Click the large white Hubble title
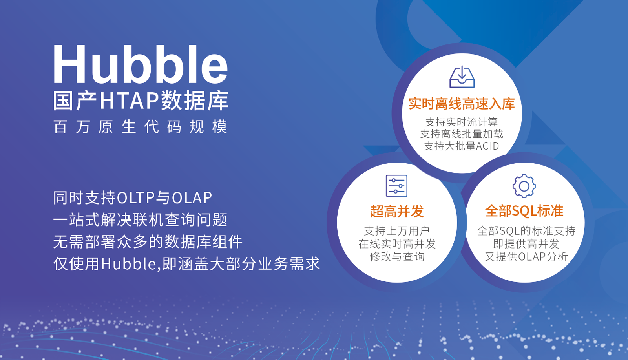pos(141,64)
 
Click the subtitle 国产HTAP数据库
pos(141,101)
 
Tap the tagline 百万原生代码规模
pos(140,127)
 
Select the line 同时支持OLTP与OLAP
pos(133,197)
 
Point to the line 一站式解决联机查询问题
pos(140,219)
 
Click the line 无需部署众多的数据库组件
pos(148,242)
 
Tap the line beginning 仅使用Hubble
pos(186,264)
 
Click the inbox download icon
pos(462,77)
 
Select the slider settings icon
pos(396,186)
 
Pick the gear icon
pos(524,186)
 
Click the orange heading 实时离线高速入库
pos(462,104)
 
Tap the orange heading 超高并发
pos(397,211)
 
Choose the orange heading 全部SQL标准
pos(524,210)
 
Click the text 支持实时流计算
pos(462,122)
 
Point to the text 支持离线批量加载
pos(462,134)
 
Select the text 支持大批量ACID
pos(462,146)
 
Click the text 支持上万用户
pos(396,231)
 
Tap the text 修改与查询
pos(397,256)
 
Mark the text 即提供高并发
pos(526,244)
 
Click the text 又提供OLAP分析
pos(526,256)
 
